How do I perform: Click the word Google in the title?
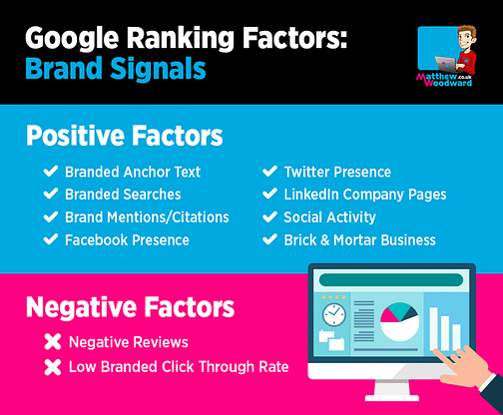pos(72,38)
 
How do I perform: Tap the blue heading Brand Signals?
pos(116,68)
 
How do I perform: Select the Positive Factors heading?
pos(125,136)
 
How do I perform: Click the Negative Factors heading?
pos(130,307)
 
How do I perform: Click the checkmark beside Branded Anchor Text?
pos(51,172)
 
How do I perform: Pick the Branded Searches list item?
pos(123,195)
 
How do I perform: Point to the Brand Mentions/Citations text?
pos(147,217)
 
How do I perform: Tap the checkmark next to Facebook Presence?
pos(51,239)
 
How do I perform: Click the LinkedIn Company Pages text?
pos(365,195)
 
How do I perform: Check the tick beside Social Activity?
pos(269,216)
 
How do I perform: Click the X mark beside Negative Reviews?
pos(53,342)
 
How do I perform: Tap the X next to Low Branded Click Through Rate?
pos(53,367)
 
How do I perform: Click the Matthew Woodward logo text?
pos(444,80)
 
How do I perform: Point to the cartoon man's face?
pos(465,39)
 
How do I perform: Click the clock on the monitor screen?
pos(334,314)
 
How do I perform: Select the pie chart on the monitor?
pos(399,321)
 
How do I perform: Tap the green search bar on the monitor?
pos(391,280)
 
